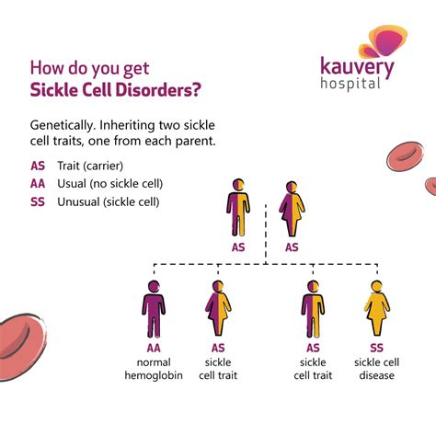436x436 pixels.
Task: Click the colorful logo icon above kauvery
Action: tap(381, 42)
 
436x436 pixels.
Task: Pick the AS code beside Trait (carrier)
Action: tap(38, 166)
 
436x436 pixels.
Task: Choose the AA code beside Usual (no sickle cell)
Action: tap(38, 184)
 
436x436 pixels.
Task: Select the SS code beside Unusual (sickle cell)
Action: tap(38, 201)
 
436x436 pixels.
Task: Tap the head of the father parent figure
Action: tap(238, 185)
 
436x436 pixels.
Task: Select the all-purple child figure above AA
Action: tap(154, 308)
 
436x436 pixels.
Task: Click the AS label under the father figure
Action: tap(238, 247)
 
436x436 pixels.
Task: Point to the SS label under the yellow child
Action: tap(377, 348)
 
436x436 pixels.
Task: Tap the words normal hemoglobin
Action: tap(154, 368)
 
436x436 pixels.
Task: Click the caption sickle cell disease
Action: tap(377, 368)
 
